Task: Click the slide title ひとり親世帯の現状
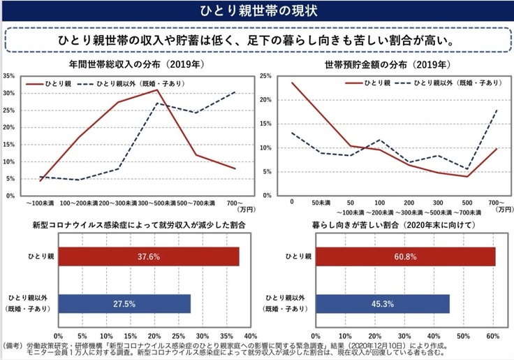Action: [256, 11]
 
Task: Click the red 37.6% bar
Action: [149, 257]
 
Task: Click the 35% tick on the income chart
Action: [9, 75]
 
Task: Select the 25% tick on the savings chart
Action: [265, 75]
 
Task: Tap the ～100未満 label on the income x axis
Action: [41, 203]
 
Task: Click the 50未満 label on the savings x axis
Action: [321, 202]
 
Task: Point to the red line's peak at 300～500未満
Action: [158, 89]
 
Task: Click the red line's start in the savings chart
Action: [291, 83]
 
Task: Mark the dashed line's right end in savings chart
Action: [497, 110]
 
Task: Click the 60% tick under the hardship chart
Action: [492, 336]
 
